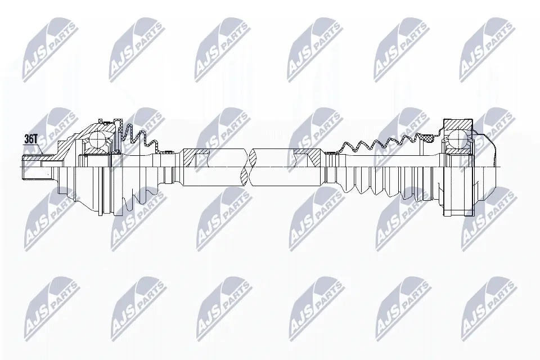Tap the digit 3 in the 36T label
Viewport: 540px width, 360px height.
coord(27,138)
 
